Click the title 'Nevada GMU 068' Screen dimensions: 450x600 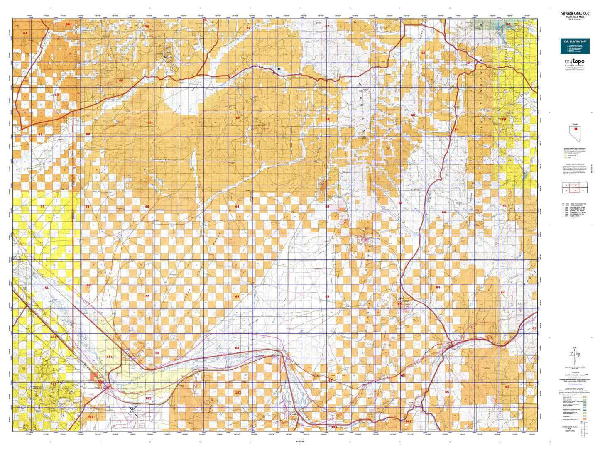click(x=575, y=13)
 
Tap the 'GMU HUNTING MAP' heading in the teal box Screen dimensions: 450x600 click(x=575, y=42)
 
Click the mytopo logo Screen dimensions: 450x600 click(x=574, y=61)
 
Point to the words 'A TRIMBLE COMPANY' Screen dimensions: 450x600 click(x=574, y=66)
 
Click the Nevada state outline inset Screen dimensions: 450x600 click(x=575, y=133)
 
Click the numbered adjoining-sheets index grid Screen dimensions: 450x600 click(x=575, y=188)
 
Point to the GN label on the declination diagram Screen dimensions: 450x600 click(x=574, y=347)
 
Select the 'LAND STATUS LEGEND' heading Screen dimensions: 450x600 click(x=573, y=389)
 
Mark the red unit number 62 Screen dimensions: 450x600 click(x=508, y=24)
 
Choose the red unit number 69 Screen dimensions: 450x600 click(x=468, y=63)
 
